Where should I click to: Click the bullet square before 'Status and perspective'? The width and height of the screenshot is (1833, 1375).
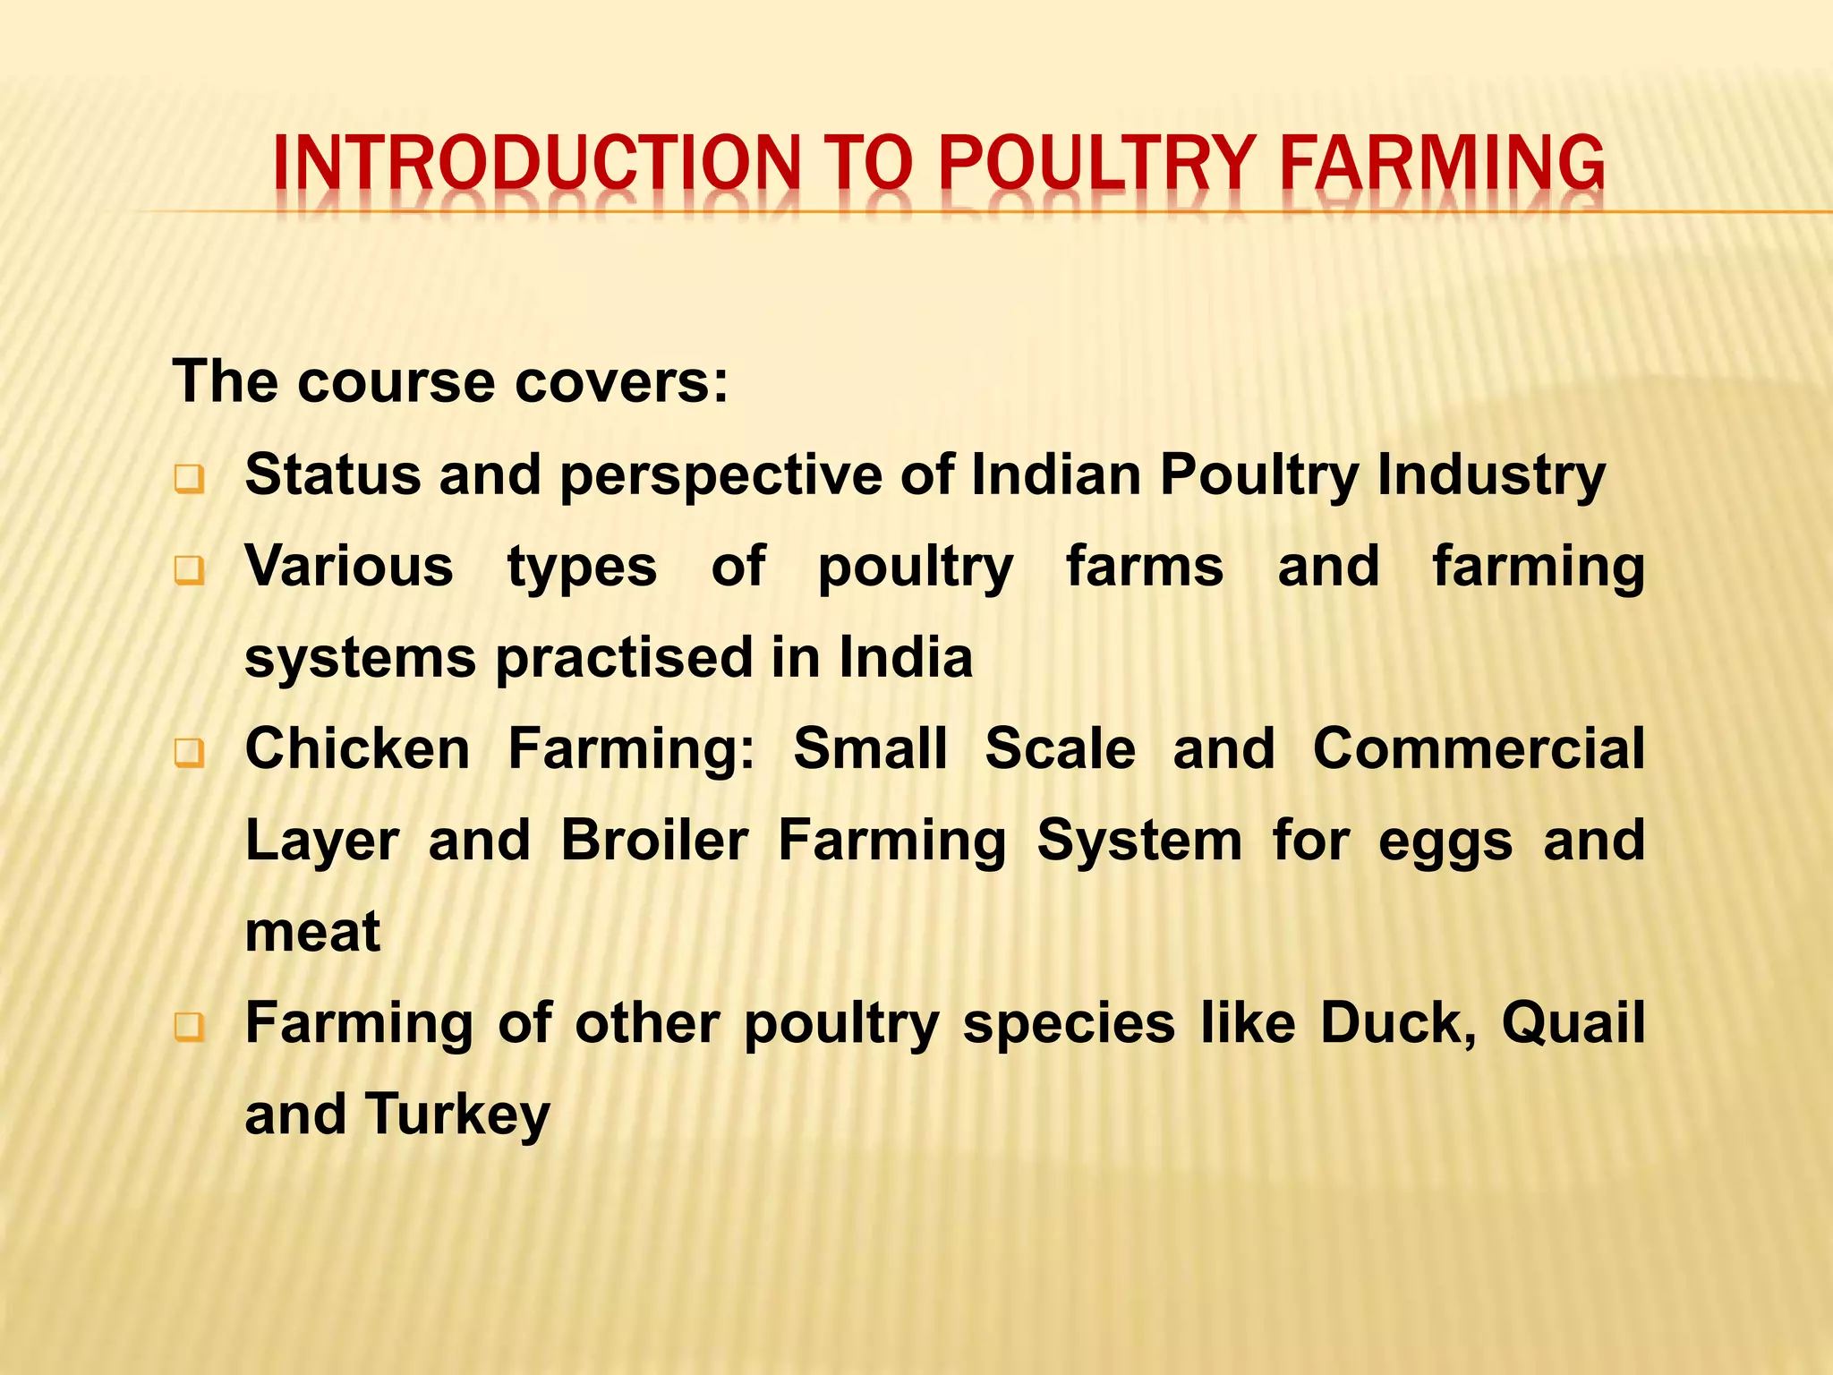189,480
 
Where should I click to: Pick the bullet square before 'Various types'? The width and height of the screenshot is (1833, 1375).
189,570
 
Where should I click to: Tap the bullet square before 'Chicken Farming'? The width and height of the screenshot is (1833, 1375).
189,754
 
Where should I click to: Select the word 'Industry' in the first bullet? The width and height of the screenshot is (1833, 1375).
1491,475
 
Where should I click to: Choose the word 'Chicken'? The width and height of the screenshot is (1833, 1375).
357,748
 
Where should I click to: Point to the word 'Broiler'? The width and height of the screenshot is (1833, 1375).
654,841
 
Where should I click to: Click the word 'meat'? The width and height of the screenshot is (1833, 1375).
312,932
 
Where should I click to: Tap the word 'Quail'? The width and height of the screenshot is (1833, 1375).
1573,1023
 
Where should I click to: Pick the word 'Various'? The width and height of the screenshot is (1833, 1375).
349,567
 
